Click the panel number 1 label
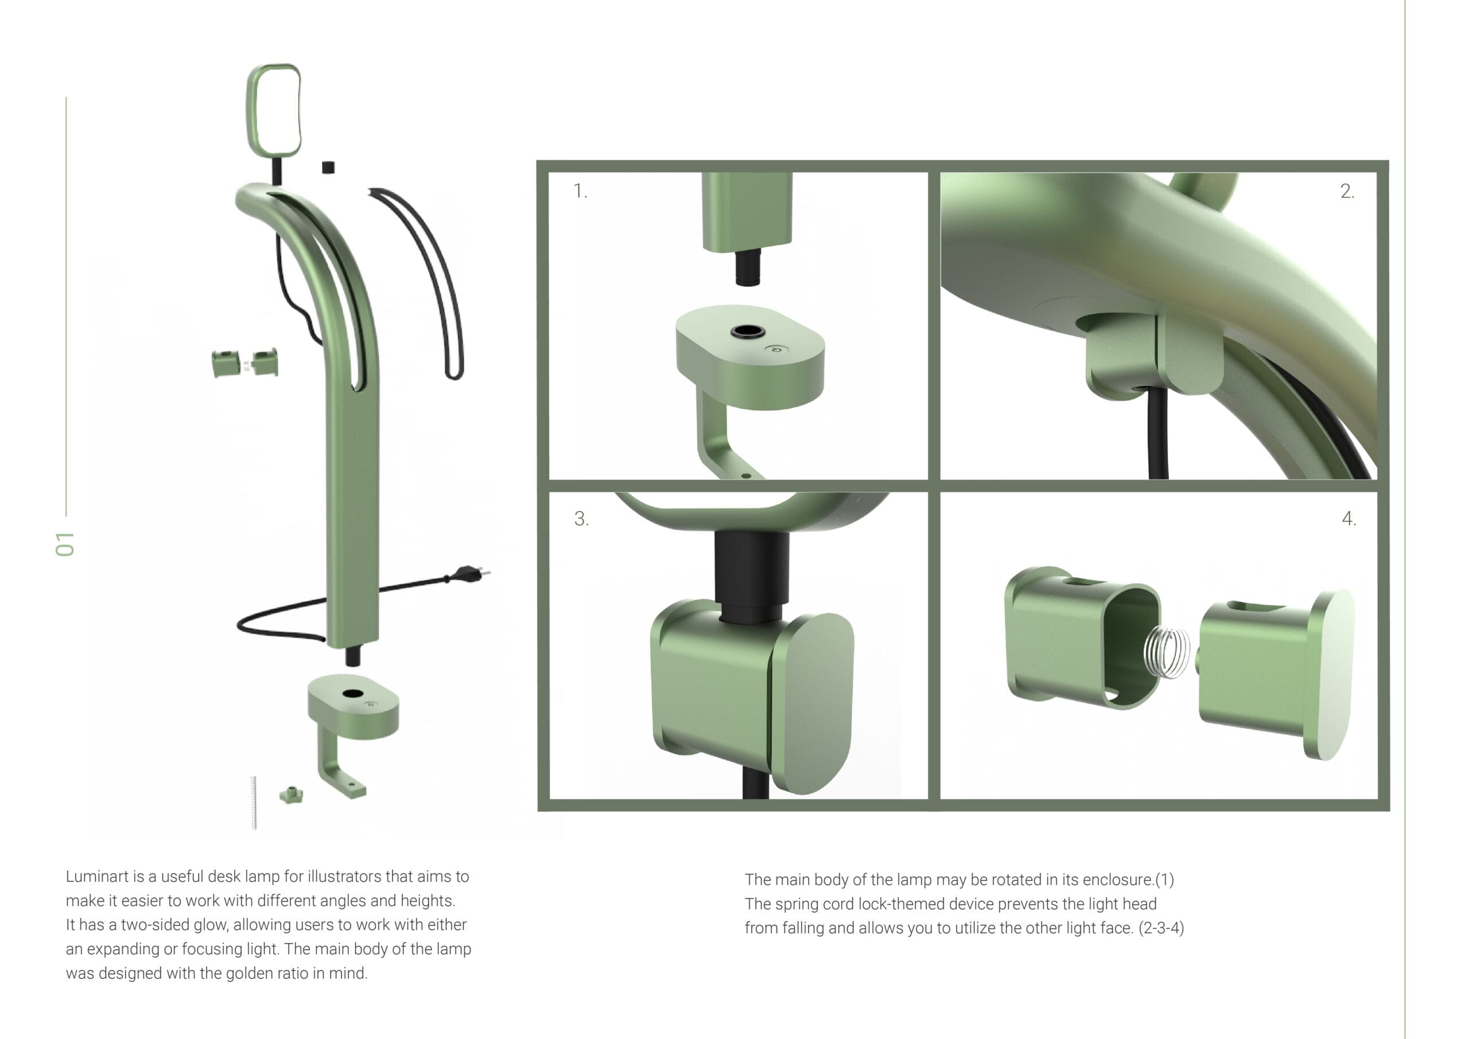pyautogui.click(x=580, y=190)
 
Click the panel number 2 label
pyautogui.click(x=1347, y=190)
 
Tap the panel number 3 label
pyautogui.click(x=581, y=518)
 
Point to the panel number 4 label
pyautogui.click(x=1348, y=518)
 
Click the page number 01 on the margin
pyautogui.click(x=65, y=544)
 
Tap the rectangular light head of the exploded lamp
pyautogui.click(x=274, y=110)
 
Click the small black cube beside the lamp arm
pyautogui.click(x=328, y=167)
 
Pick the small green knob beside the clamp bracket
pyautogui.click(x=292, y=795)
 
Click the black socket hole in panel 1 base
pyautogui.click(x=747, y=332)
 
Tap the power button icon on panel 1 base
pyautogui.click(x=777, y=349)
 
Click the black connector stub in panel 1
pyautogui.click(x=747, y=267)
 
